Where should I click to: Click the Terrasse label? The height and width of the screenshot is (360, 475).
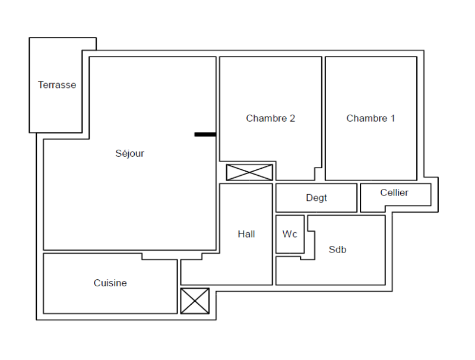coord(57,85)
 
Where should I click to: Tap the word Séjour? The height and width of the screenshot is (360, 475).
coord(129,153)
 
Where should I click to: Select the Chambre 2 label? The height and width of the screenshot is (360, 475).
coord(270,118)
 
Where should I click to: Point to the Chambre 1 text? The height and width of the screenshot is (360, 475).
coord(370,118)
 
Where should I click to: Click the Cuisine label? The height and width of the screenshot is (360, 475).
coord(110,283)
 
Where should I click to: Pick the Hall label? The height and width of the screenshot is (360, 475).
coord(246,234)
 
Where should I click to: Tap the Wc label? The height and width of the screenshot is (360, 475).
coord(290,234)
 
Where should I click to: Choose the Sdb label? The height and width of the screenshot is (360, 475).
coord(337,250)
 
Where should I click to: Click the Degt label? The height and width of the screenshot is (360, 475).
coord(316,198)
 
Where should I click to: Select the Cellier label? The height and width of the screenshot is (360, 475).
coord(394,192)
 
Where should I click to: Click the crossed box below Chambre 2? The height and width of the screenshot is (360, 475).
coord(249,172)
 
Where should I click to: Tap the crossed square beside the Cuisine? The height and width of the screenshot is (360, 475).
coord(195,301)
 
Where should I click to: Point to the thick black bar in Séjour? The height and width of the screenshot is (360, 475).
coord(205,134)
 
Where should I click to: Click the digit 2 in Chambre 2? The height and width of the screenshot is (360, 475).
coord(292,118)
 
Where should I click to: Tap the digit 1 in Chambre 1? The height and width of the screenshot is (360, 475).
coord(392,118)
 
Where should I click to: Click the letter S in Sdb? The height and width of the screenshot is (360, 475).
coord(332,250)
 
